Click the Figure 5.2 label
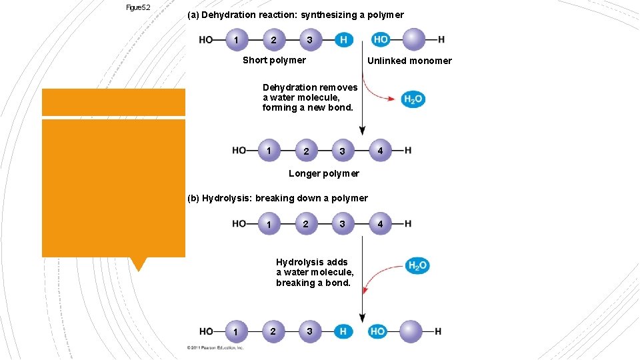(138, 7)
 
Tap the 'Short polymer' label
(274, 60)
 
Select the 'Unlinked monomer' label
(409, 61)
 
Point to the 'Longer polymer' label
(323, 173)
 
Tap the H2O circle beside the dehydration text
(413, 99)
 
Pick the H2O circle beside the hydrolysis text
(417, 266)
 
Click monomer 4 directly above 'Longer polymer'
(380, 151)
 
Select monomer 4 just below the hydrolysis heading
(380, 224)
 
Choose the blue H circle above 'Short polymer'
(343, 39)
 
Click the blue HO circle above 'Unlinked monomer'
(381, 39)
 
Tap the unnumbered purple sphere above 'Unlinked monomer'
(414, 39)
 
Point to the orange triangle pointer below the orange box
(139, 264)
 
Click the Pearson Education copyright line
(215, 347)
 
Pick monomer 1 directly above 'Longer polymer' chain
(269, 151)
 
